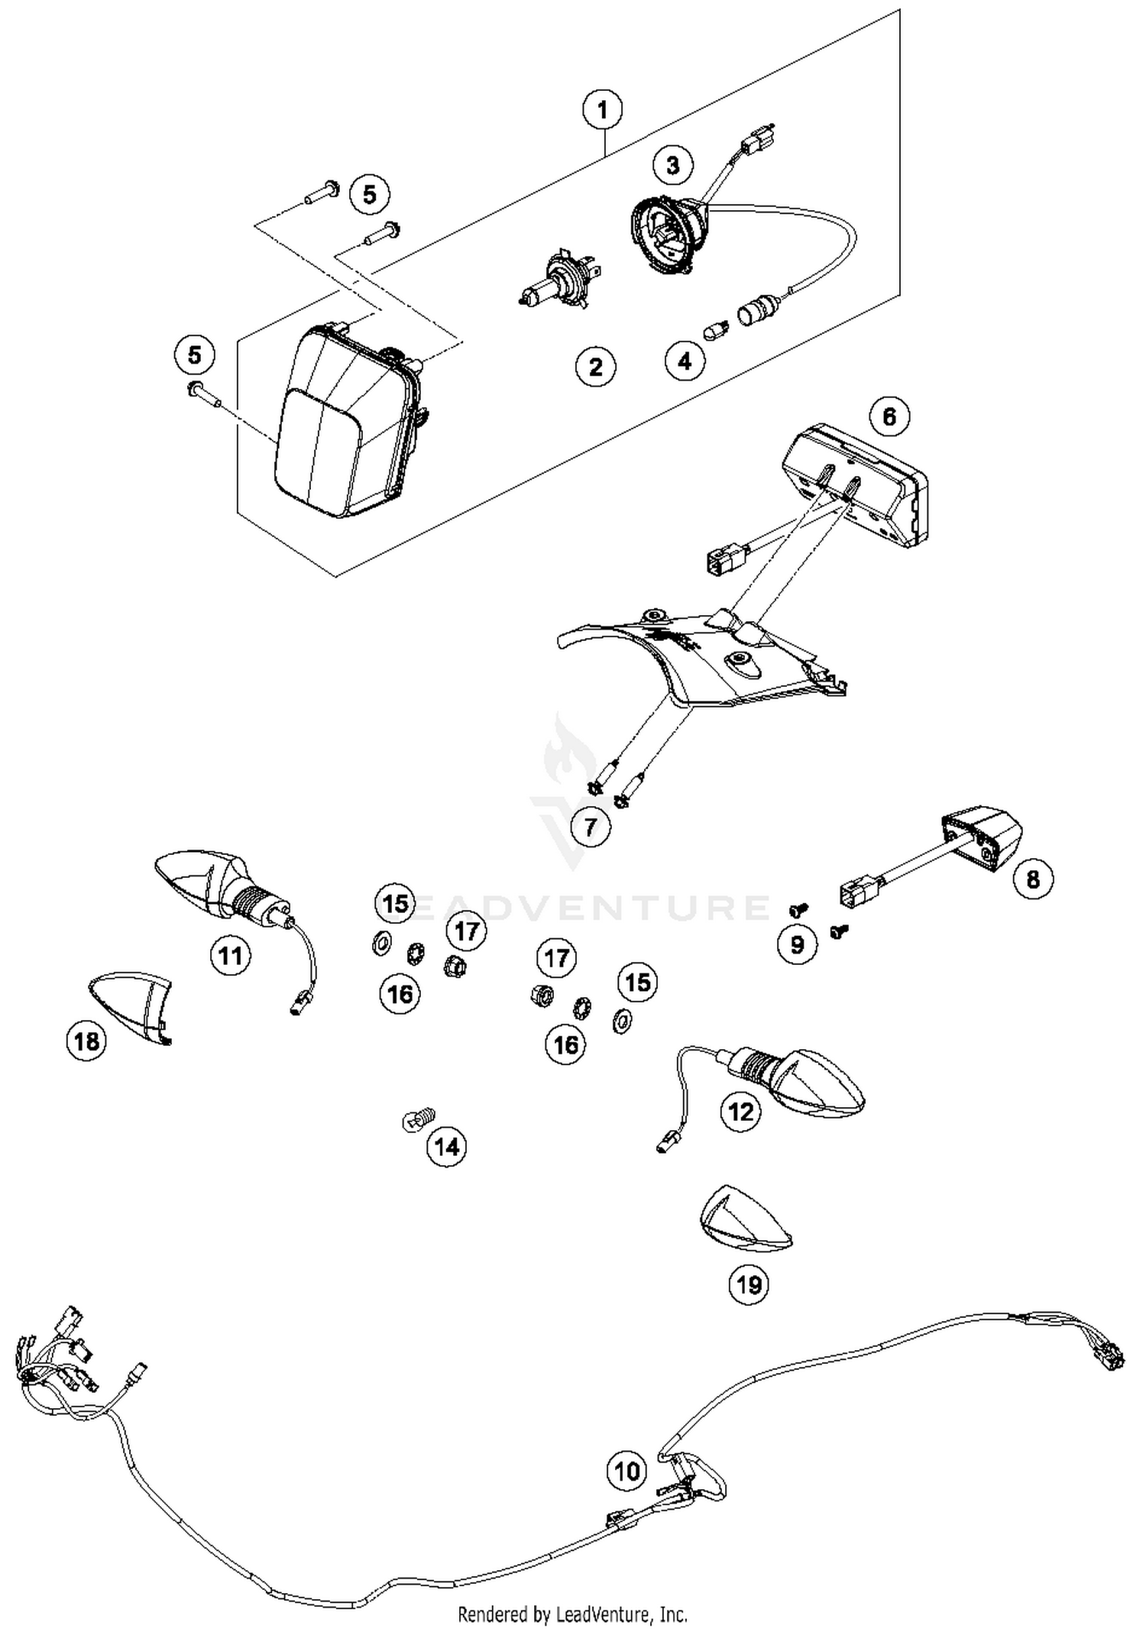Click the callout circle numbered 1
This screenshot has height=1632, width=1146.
pyautogui.click(x=602, y=110)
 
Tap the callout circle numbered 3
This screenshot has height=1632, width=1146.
pyautogui.click(x=672, y=165)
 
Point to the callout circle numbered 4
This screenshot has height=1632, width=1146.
pyautogui.click(x=685, y=361)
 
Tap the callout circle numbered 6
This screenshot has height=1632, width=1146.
pyautogui.click(x=889, y=416)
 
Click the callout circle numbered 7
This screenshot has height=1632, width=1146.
pyautogui.click(x=590, y=827)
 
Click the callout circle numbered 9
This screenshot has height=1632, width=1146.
pyautogui.click(x=797, y=944)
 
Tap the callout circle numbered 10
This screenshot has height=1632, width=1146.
pyautogui.click(x=626, y=1471)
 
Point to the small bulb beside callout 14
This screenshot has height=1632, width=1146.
pyautogui.click(x=418, y=1120)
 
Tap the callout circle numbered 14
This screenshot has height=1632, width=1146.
pyautogui.click(x=447, y=1147)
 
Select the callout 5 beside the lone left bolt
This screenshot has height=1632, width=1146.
pyautogui.click(x=194, y=355)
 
